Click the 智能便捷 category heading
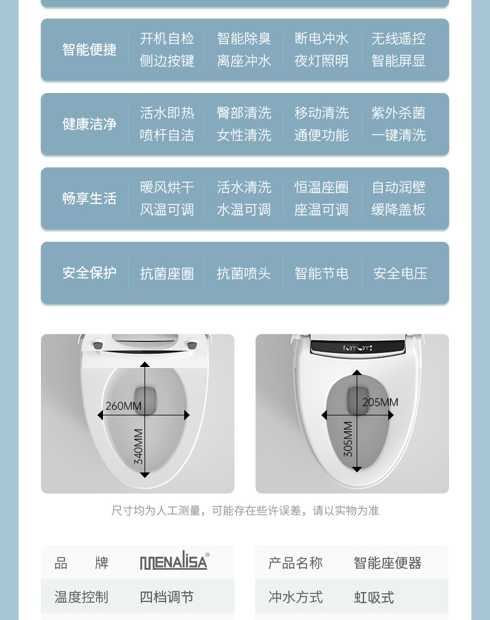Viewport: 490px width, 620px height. click(89, 50)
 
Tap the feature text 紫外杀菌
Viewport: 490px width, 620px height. click(398, 113)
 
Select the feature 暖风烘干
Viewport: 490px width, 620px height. click(167, 187)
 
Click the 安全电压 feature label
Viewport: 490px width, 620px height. click(400, 273)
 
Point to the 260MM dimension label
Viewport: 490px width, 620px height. click(123, 406)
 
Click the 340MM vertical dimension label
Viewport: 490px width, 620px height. click(138, 446)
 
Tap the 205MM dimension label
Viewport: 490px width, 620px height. click(380, 402)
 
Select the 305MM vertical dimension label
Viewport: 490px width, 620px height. click(348, 439)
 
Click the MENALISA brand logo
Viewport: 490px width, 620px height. click(174, 562)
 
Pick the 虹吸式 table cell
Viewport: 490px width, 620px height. click(374, 597)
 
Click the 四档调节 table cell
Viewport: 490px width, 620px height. click(167, 597)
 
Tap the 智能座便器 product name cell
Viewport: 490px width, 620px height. click(388, 563)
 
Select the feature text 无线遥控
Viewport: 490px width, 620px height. click(398, 38)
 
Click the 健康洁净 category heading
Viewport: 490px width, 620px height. click(89, 124)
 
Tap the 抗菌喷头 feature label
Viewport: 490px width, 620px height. click(244, 273)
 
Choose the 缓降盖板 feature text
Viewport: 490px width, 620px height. click(398, 210)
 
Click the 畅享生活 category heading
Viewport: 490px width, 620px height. click(89, 198)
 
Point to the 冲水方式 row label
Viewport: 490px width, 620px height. click(295, 597)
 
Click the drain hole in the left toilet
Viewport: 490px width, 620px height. click(145, 400)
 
